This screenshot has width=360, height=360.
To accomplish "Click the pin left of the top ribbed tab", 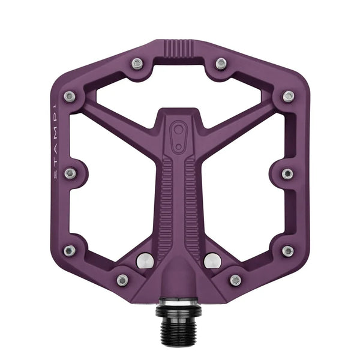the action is (137, 64).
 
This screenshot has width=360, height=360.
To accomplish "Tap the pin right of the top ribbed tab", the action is (221, 64).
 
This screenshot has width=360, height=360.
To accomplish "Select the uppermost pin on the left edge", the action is (70, 97).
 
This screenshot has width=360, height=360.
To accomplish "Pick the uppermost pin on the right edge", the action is (289, 97).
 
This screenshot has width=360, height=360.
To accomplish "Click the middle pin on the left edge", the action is (70, 173).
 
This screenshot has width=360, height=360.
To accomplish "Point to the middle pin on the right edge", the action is (287, 174).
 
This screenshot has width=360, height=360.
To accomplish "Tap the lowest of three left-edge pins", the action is (70, 251).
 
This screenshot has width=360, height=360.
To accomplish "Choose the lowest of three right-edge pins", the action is (288, 251).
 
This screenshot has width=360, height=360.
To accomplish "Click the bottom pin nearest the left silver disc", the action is (122, 280).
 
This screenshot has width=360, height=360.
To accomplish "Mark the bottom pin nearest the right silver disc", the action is (236, 280).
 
